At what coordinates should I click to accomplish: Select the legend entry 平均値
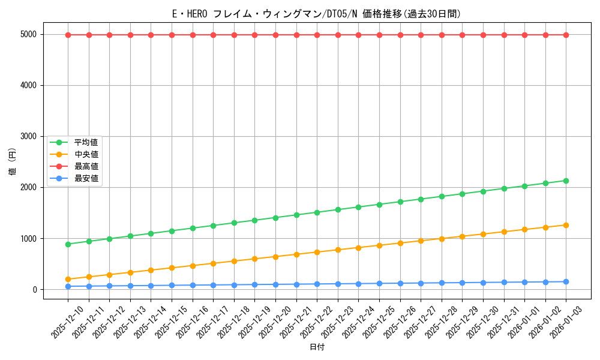click(x=86, y=142)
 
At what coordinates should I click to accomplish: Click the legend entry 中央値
click(x=86, y=154)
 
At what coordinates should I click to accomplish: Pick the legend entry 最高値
click(x=86, y=166)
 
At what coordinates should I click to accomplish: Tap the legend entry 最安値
click(x=86, y=179)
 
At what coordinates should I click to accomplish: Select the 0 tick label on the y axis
click(x=37, y=290)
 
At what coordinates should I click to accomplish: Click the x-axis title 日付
click(x=316, y=347)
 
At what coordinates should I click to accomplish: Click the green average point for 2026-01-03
click(x=566, y=181)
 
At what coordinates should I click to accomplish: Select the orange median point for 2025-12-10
click(x=68, y=279)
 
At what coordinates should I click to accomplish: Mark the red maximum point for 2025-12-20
click(x=275, y=35)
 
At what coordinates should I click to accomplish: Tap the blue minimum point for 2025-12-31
click(x=504, y=282)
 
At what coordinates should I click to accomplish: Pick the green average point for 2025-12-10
click(x=68, y=244)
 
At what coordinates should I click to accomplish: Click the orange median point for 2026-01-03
click(x=566, y=225)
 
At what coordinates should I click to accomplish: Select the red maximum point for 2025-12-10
click(x=68, y=35)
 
